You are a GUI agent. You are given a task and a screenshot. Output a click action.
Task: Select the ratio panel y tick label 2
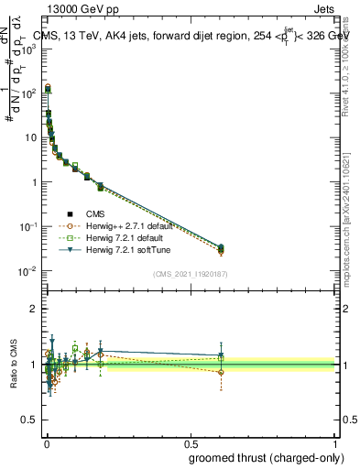33,309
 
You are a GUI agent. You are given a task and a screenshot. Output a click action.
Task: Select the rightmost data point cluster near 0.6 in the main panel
220,248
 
